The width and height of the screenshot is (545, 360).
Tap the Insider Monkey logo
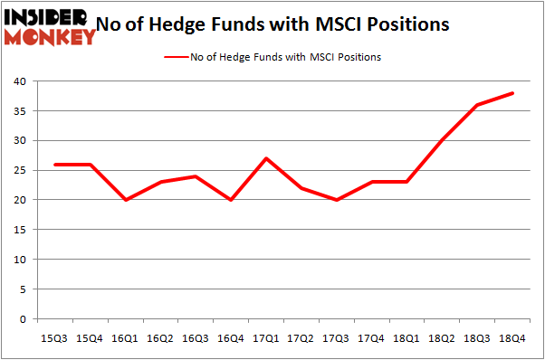51,25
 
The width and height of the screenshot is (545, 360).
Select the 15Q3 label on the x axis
55,338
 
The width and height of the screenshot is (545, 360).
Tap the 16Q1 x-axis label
125,338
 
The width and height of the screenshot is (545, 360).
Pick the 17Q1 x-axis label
265,338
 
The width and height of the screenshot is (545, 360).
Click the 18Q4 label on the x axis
511,338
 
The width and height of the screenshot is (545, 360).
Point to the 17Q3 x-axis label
335,338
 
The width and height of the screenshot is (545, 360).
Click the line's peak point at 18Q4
512,93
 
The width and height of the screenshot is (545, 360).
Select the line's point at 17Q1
266,158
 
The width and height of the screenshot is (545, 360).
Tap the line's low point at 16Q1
126,200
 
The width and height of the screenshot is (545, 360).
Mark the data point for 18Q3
476,105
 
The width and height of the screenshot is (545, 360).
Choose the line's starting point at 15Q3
56,165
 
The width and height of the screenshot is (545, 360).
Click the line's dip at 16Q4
231,200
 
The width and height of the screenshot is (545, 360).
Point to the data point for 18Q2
441,140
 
